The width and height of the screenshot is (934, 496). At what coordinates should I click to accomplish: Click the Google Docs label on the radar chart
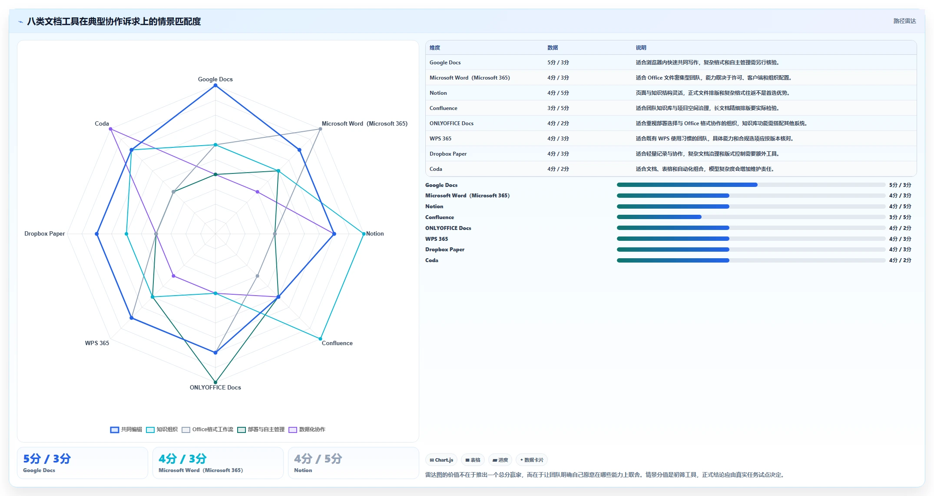[215, 79]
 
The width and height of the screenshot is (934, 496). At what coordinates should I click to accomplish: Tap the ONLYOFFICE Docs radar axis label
[215, 387]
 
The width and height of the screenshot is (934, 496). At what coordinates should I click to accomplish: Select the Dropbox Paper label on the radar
[44, 233]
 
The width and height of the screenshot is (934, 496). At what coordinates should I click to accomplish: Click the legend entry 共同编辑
[126, 429]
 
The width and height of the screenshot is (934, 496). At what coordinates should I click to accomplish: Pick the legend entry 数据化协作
[307, 429]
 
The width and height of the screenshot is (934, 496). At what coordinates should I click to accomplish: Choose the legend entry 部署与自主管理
[261, 429]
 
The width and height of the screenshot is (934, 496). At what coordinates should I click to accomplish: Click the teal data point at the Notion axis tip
[364, 234]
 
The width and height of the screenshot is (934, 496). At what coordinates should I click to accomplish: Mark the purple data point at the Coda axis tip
[110, 129]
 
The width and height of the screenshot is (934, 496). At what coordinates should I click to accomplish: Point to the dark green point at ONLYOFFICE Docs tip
[215, 383]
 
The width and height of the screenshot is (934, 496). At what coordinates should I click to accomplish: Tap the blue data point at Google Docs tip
[215, 86]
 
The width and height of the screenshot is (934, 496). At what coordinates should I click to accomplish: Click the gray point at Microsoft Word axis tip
[320, 129]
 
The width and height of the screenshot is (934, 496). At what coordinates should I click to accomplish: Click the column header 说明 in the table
[641, 48]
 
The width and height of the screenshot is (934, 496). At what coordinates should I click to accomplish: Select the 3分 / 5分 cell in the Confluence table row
[558, 108]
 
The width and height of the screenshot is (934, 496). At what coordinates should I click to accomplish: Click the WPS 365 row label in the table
[440, 139]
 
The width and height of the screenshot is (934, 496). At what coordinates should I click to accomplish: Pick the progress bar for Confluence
[751, 217]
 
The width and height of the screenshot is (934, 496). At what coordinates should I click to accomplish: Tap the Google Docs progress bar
[751, 185]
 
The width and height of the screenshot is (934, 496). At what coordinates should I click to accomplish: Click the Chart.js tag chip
[441, 460]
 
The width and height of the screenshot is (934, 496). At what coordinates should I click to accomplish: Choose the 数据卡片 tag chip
[531, 460]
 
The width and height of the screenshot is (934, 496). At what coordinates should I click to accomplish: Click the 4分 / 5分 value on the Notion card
[318, 459]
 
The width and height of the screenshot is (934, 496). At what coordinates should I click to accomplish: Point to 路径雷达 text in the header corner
[904, 21]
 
